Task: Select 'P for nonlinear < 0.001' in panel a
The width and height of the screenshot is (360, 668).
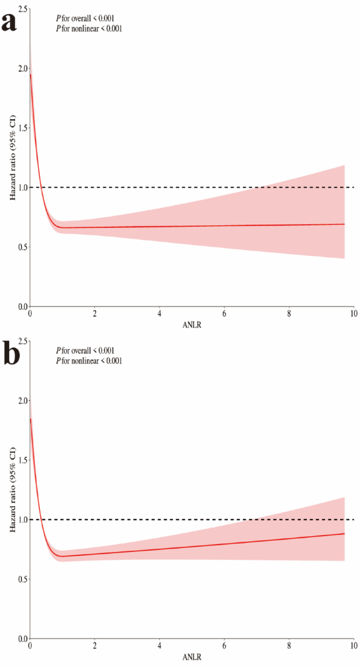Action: point(89,29)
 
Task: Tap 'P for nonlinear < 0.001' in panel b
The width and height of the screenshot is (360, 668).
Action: point(89,361)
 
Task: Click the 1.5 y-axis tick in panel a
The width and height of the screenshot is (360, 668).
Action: point(20,128)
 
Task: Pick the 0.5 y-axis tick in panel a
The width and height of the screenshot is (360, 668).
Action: point(20,247)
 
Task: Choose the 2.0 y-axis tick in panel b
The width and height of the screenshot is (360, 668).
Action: point(20,401)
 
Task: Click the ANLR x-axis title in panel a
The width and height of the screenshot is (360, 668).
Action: point(191,326)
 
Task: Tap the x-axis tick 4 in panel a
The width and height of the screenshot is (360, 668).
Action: point(159,314)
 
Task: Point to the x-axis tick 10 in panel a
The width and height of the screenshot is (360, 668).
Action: point(353,314)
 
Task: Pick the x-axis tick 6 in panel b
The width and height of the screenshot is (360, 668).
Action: point(224,645)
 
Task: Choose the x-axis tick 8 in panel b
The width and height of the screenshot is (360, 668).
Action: point(289,645)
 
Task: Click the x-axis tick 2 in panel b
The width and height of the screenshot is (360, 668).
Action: point(95,645)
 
